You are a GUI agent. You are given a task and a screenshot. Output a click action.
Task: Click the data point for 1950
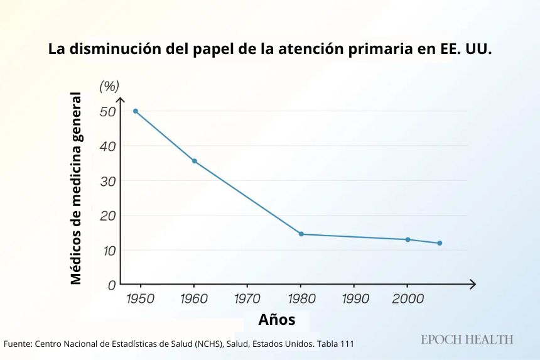click(136, 111)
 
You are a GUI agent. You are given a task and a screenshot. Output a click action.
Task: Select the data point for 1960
click(195, 161)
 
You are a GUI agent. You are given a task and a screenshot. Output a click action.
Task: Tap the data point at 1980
click(301, 234)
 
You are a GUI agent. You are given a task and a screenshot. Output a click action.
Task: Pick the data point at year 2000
click(408, 239)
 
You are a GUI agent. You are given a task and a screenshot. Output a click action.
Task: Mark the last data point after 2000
click(440, 243)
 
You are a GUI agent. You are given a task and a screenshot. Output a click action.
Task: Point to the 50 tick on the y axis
click(107, 112)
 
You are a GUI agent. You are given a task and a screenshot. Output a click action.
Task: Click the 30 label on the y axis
click(107, 181)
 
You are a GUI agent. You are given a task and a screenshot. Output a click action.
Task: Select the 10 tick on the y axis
click(107, 250)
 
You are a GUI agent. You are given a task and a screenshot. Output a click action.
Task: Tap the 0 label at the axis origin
click(112, 285)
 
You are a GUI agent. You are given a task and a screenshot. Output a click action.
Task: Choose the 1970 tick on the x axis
click(247, 298)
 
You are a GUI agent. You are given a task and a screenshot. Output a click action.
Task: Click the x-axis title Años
click(276, 320)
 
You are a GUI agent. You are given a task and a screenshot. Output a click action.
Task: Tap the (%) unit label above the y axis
click(109, 85)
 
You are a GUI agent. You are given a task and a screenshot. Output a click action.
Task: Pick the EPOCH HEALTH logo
click(467, 339)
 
